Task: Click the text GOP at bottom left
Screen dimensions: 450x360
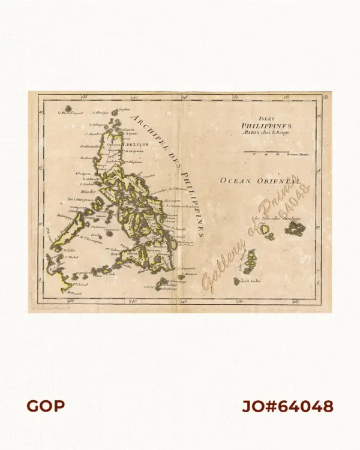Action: click(46, 406)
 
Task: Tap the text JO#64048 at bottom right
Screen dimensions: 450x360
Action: click(288, 406)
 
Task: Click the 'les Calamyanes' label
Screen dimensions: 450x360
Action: click(77, 200)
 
